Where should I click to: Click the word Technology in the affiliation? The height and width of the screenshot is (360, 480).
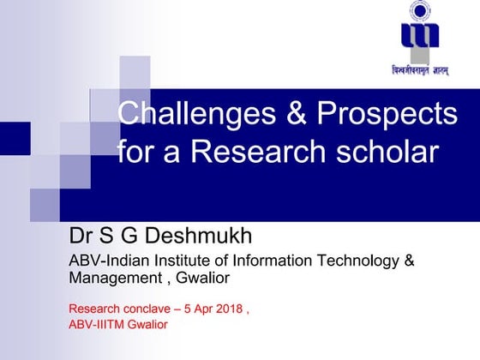point(353,261)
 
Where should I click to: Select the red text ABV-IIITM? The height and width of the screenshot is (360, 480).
point(98,324)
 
